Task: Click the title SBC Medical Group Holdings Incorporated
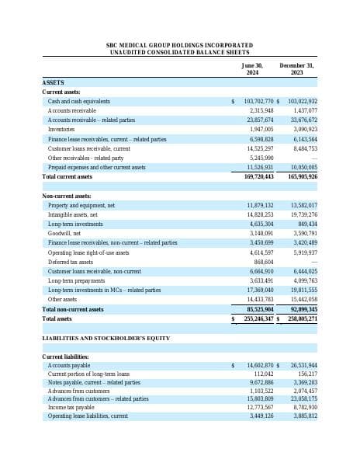[179, 46]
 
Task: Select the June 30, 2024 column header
[253, 68]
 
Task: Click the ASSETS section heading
[53, 82]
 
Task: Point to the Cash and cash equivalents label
[78, 101]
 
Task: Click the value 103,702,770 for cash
[258, 101]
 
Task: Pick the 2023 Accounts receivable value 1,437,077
[302, 110]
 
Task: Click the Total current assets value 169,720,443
[258, 176]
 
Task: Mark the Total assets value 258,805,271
[301, 318]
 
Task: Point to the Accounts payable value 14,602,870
[260, 365]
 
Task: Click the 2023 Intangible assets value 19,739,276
[301, 214]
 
